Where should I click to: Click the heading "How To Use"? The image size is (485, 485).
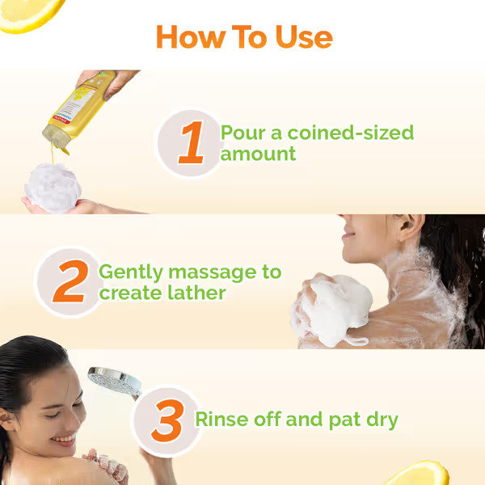(x=243, y=36)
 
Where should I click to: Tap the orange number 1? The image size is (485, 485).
(x=191, y=143)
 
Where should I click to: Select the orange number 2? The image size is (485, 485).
(x=70, y=281)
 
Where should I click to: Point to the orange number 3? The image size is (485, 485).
(x=167, y=420)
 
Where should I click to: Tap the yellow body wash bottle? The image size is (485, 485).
(x=74, y=113)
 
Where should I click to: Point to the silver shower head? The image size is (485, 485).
(x=113, y=380)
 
